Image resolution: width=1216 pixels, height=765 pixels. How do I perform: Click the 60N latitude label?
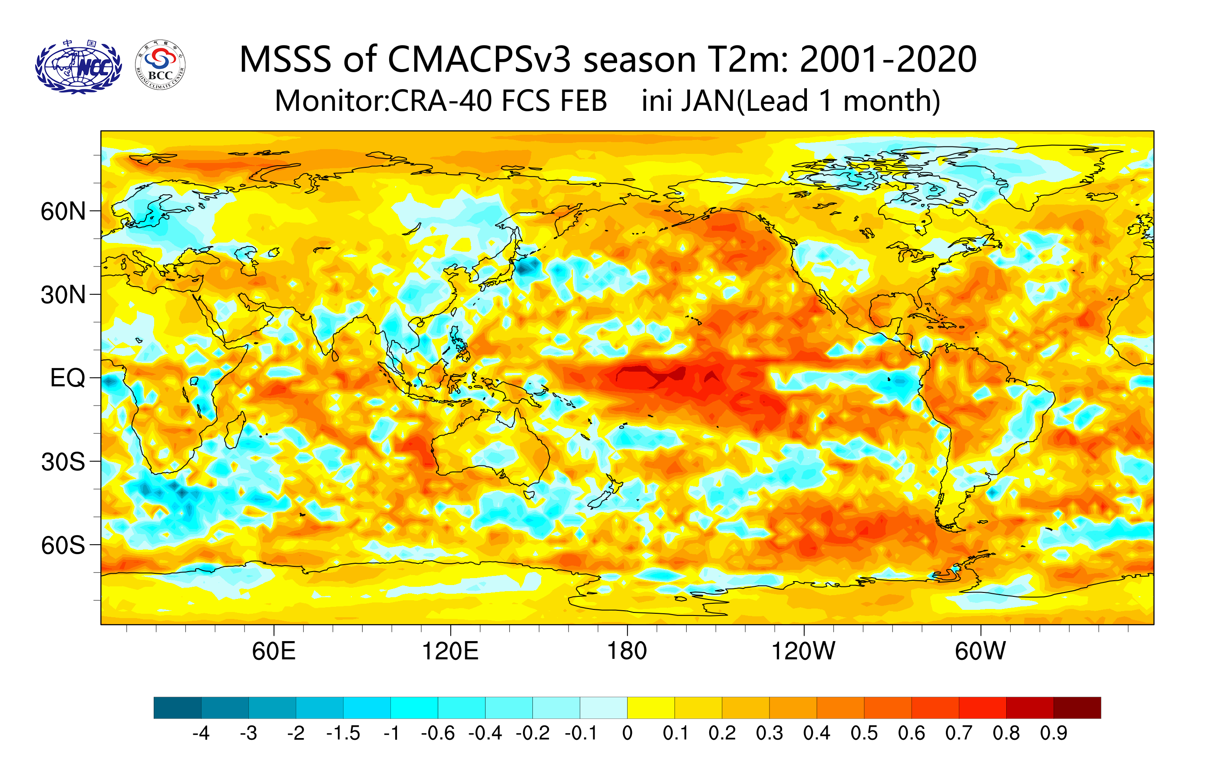tap(63, 211)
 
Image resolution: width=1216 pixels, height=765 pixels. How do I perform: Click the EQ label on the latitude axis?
tap(67, 378)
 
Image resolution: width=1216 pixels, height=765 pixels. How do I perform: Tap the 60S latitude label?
tap(63, 545)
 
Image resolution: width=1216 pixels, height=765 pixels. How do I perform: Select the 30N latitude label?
tap(63, 295)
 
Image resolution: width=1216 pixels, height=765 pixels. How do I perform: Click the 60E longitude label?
tap(274, 651)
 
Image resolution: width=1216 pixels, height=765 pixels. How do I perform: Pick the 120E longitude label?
tap(450, 651)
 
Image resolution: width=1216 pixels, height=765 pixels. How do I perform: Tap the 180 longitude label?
tap(627, 651)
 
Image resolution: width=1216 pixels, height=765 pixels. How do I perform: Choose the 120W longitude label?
tap(803, 651)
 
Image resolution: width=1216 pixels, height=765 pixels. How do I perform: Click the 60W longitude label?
tap(980, 651)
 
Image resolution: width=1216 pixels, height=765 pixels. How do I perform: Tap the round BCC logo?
tap(160, 65)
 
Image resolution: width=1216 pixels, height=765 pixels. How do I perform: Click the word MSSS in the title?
tap(285, 60)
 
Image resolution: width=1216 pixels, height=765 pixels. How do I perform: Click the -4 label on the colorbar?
tap(201, 733)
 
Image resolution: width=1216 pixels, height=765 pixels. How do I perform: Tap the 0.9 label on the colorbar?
tap(1054, 733)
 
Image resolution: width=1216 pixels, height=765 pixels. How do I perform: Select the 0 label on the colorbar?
tap(627, 733)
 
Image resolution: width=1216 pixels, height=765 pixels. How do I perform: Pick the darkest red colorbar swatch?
tap(1077, 707)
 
